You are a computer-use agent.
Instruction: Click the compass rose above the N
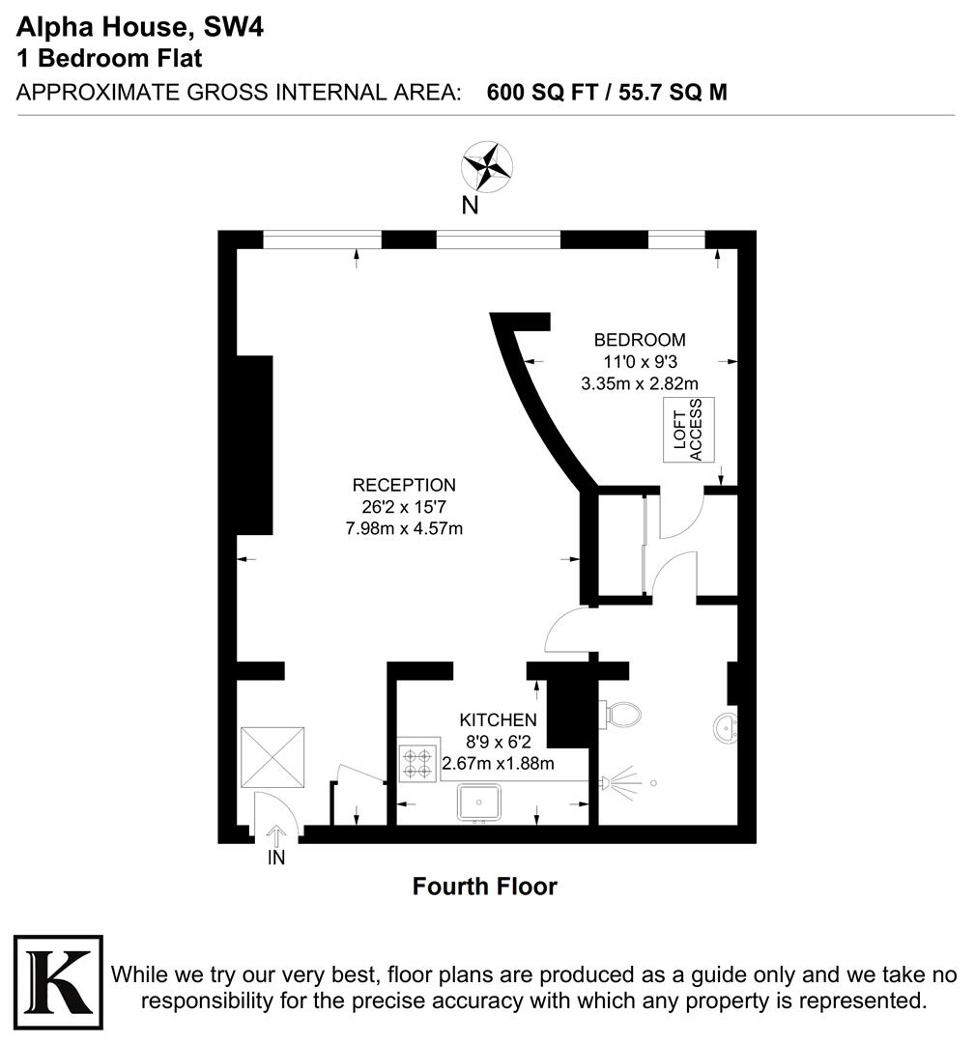(486, 166)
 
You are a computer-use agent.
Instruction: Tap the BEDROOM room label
(639, 340)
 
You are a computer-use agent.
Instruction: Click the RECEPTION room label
(404, 485)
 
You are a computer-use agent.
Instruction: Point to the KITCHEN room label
(498, 719)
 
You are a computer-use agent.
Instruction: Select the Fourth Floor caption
(484, 886)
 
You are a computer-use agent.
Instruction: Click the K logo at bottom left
(57, 980)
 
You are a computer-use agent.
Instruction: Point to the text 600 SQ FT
(542, 93)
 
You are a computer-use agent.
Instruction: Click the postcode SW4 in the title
(233, 28)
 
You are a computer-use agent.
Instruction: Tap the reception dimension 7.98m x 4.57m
(404, 527)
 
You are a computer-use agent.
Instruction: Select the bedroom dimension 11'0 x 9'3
(639, 361)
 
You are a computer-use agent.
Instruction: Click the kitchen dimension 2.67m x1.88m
(498, 764)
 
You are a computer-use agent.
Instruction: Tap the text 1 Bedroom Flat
(110, 58)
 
